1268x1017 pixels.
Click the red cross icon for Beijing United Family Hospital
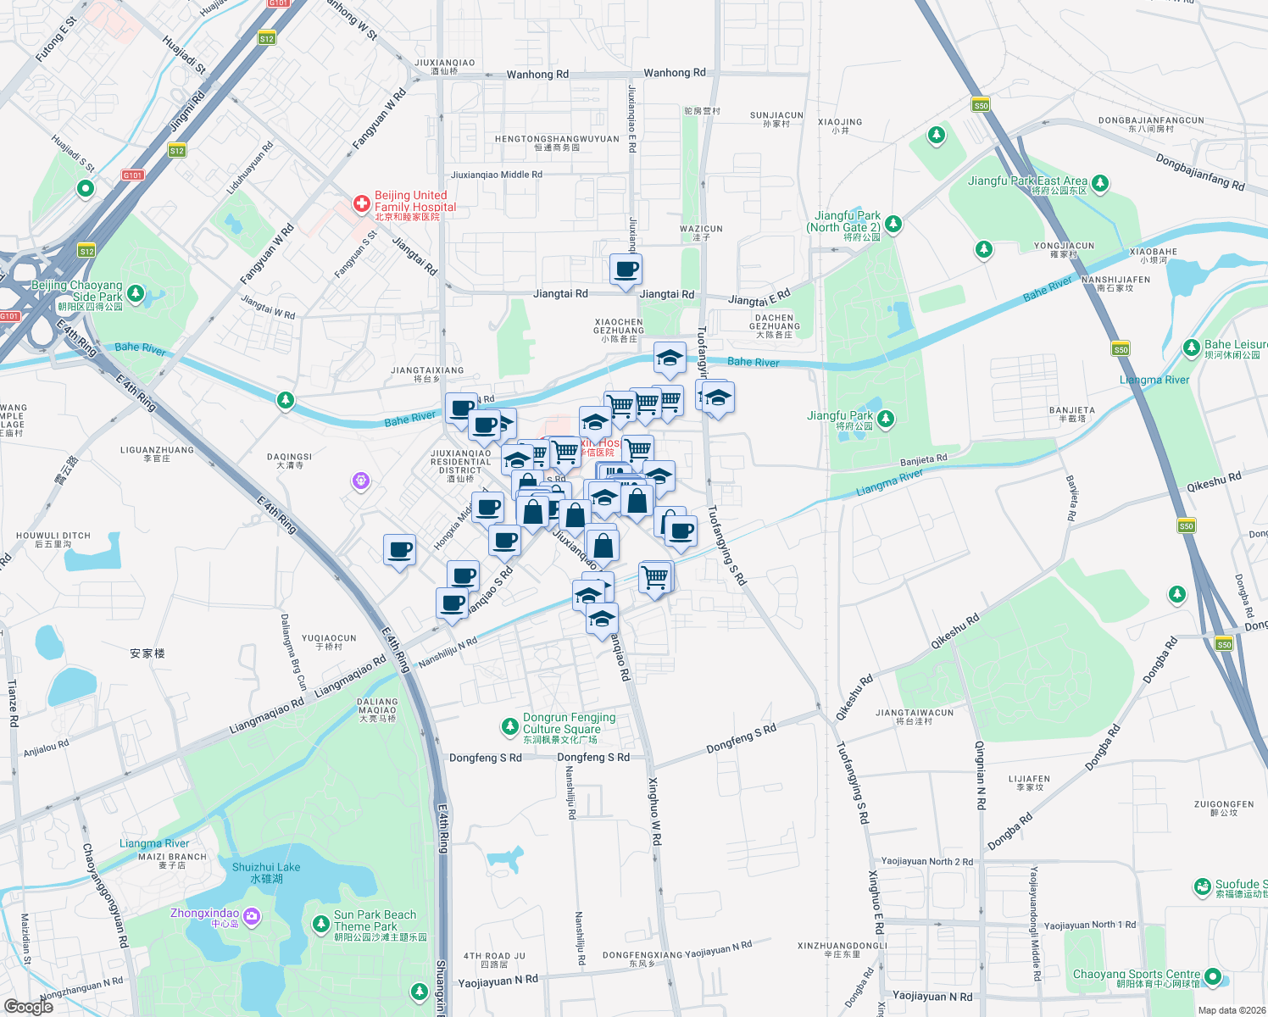click(362, 203)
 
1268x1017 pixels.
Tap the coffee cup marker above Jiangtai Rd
click(626, 270)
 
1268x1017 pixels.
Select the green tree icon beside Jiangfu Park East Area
click(1100, 182)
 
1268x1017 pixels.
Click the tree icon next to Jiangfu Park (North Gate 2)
click(893, 225)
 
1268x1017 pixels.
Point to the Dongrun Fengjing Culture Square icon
click(509, 726)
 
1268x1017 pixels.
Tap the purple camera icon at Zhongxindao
click(251, 916)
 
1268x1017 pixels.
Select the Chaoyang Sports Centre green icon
click(1213, 976)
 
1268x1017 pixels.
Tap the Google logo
click(29, 1006)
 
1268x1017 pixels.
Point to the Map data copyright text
click(1232, 1010)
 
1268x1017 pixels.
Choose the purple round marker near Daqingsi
click(361, 481)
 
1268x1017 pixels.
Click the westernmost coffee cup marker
click(399, 550)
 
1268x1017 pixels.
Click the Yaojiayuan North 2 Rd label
click(926, 862)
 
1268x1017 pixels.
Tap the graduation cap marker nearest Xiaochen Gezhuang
click(669, 358)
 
